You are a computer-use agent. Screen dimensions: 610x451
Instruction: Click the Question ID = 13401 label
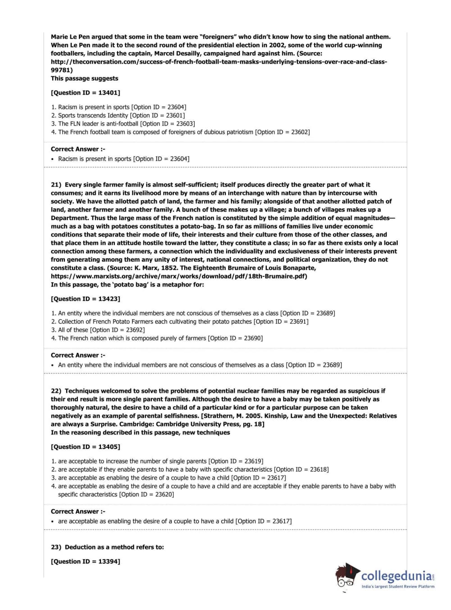coord(85,93)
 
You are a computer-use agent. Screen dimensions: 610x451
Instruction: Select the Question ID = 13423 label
coord(85,299)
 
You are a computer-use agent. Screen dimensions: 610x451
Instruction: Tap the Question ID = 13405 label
coord(85,447)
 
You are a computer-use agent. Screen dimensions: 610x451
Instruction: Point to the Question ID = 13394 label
coord(85,562)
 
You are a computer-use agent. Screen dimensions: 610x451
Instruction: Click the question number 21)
coord(56,185)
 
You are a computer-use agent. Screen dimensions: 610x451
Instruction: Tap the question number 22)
coord(56,391)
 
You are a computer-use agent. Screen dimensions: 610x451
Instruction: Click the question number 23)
coord(56,547)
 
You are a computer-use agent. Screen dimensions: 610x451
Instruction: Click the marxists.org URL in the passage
coord(179,276)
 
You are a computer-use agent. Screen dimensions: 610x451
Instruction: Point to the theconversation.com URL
coord(219,62)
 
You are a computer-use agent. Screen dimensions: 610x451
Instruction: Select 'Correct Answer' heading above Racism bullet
coord(77,149)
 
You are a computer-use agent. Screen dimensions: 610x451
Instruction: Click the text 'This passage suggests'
coord(84,78)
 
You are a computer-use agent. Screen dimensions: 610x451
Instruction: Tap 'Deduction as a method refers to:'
coord(114,547)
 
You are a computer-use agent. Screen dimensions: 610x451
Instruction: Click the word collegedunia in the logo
coord(396,576)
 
